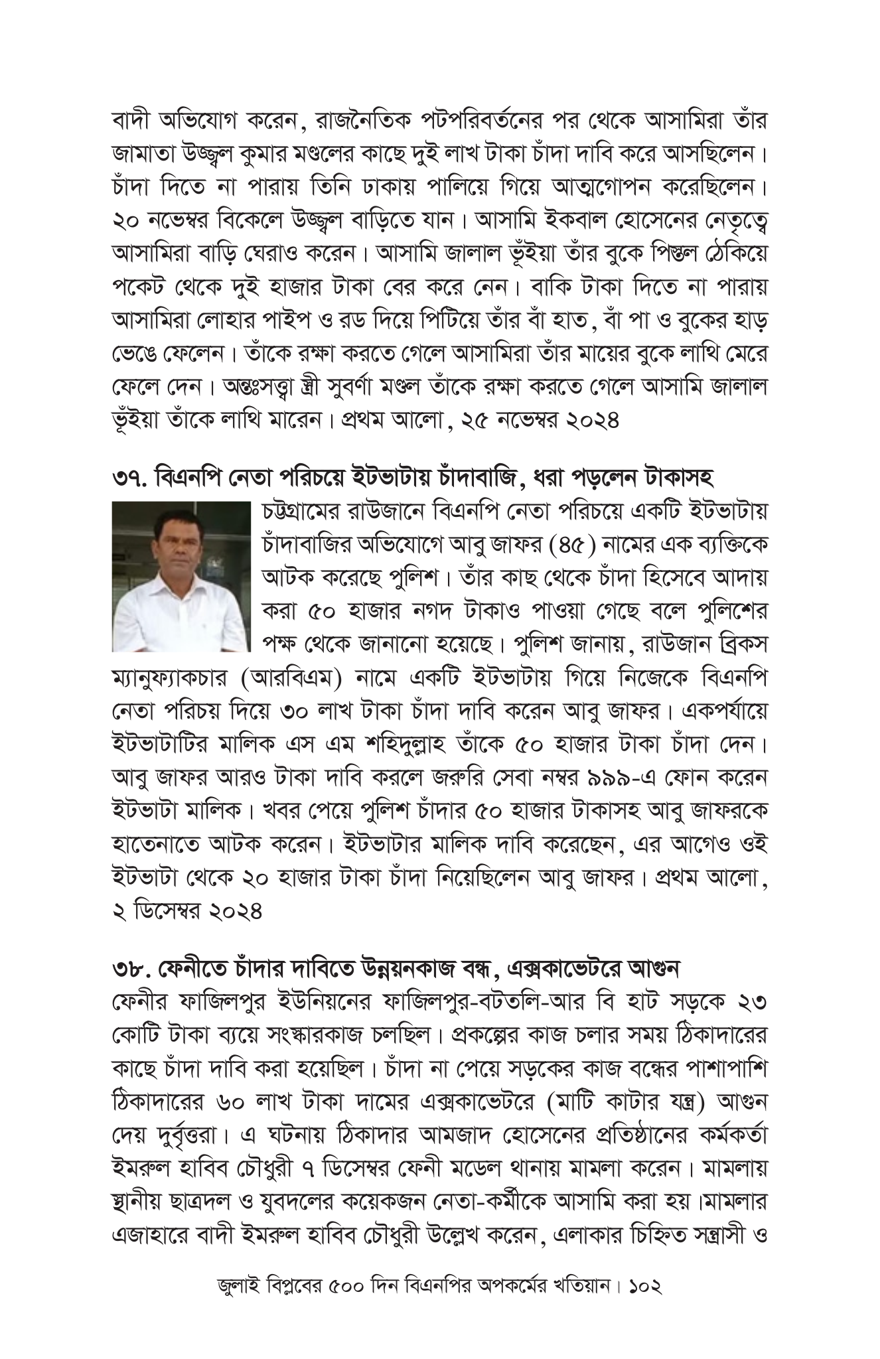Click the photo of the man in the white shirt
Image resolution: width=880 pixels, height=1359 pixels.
(x=181, y=576)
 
